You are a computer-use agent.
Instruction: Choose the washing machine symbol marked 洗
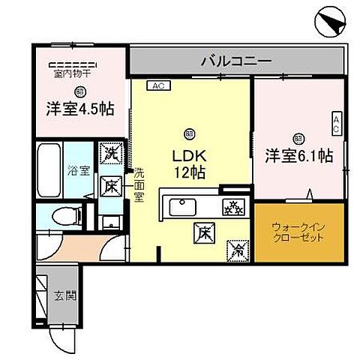click(111, 153)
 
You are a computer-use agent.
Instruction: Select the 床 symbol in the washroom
click(111, 184)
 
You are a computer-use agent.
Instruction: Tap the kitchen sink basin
click(182, 205)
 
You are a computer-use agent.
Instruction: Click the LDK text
click(188, 157)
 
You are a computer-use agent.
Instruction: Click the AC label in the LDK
click(157, 85)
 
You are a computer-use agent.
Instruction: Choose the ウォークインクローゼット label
click(298, 231)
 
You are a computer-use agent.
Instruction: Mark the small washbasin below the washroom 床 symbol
click(111, 220)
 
